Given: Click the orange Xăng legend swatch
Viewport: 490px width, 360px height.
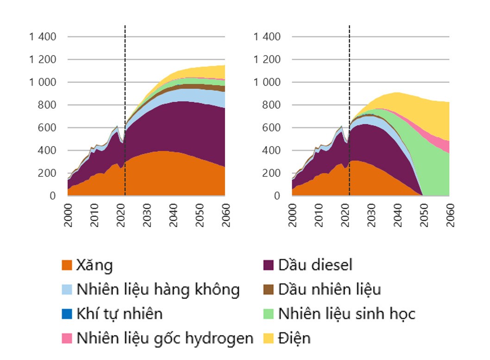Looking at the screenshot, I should (x=67, y=266).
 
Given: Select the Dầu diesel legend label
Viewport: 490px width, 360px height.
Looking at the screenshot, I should (x=315, y=265).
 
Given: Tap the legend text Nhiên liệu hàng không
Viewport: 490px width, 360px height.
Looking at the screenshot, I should (x=158, y=289).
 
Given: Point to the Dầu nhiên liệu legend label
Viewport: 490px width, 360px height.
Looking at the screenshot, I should (x=329, y=289).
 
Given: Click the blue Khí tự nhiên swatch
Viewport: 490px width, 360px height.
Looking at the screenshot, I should (x=67, y=314).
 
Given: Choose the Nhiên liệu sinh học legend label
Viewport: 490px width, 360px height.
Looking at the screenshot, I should (x=346, y=314).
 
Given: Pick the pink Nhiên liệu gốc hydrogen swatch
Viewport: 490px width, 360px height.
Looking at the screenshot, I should (x=67, y=339).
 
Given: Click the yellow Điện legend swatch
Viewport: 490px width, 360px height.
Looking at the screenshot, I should (x=269, y=339).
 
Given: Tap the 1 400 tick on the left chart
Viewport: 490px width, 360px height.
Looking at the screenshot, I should (x=43, y=37).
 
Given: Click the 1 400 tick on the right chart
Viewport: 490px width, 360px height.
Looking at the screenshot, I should (x=267, y=37).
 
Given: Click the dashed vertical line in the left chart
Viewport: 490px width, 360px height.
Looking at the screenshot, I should (x=125, y=69).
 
